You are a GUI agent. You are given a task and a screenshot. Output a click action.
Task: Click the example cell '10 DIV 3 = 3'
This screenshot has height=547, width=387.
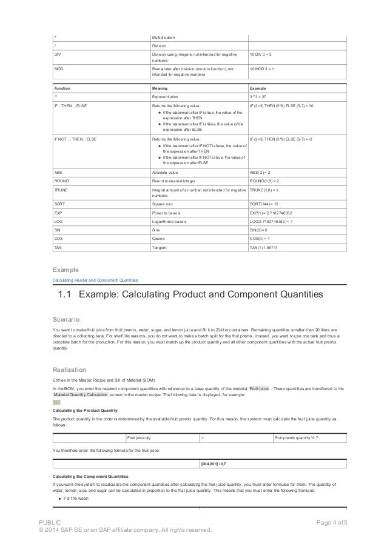click(x=264, y=55)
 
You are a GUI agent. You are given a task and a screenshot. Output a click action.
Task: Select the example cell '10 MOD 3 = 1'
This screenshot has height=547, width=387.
click(x=264, y=70)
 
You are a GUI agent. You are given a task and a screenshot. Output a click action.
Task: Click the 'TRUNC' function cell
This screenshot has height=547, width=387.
click(x=61, y=190)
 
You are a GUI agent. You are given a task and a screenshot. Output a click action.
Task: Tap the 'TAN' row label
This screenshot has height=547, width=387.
click(x=59, y=248)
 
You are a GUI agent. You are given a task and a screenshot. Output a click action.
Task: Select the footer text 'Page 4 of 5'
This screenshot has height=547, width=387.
click(x=327, y=522)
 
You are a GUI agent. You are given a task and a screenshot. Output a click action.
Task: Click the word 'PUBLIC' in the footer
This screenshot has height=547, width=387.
click(x=49, y=522)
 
